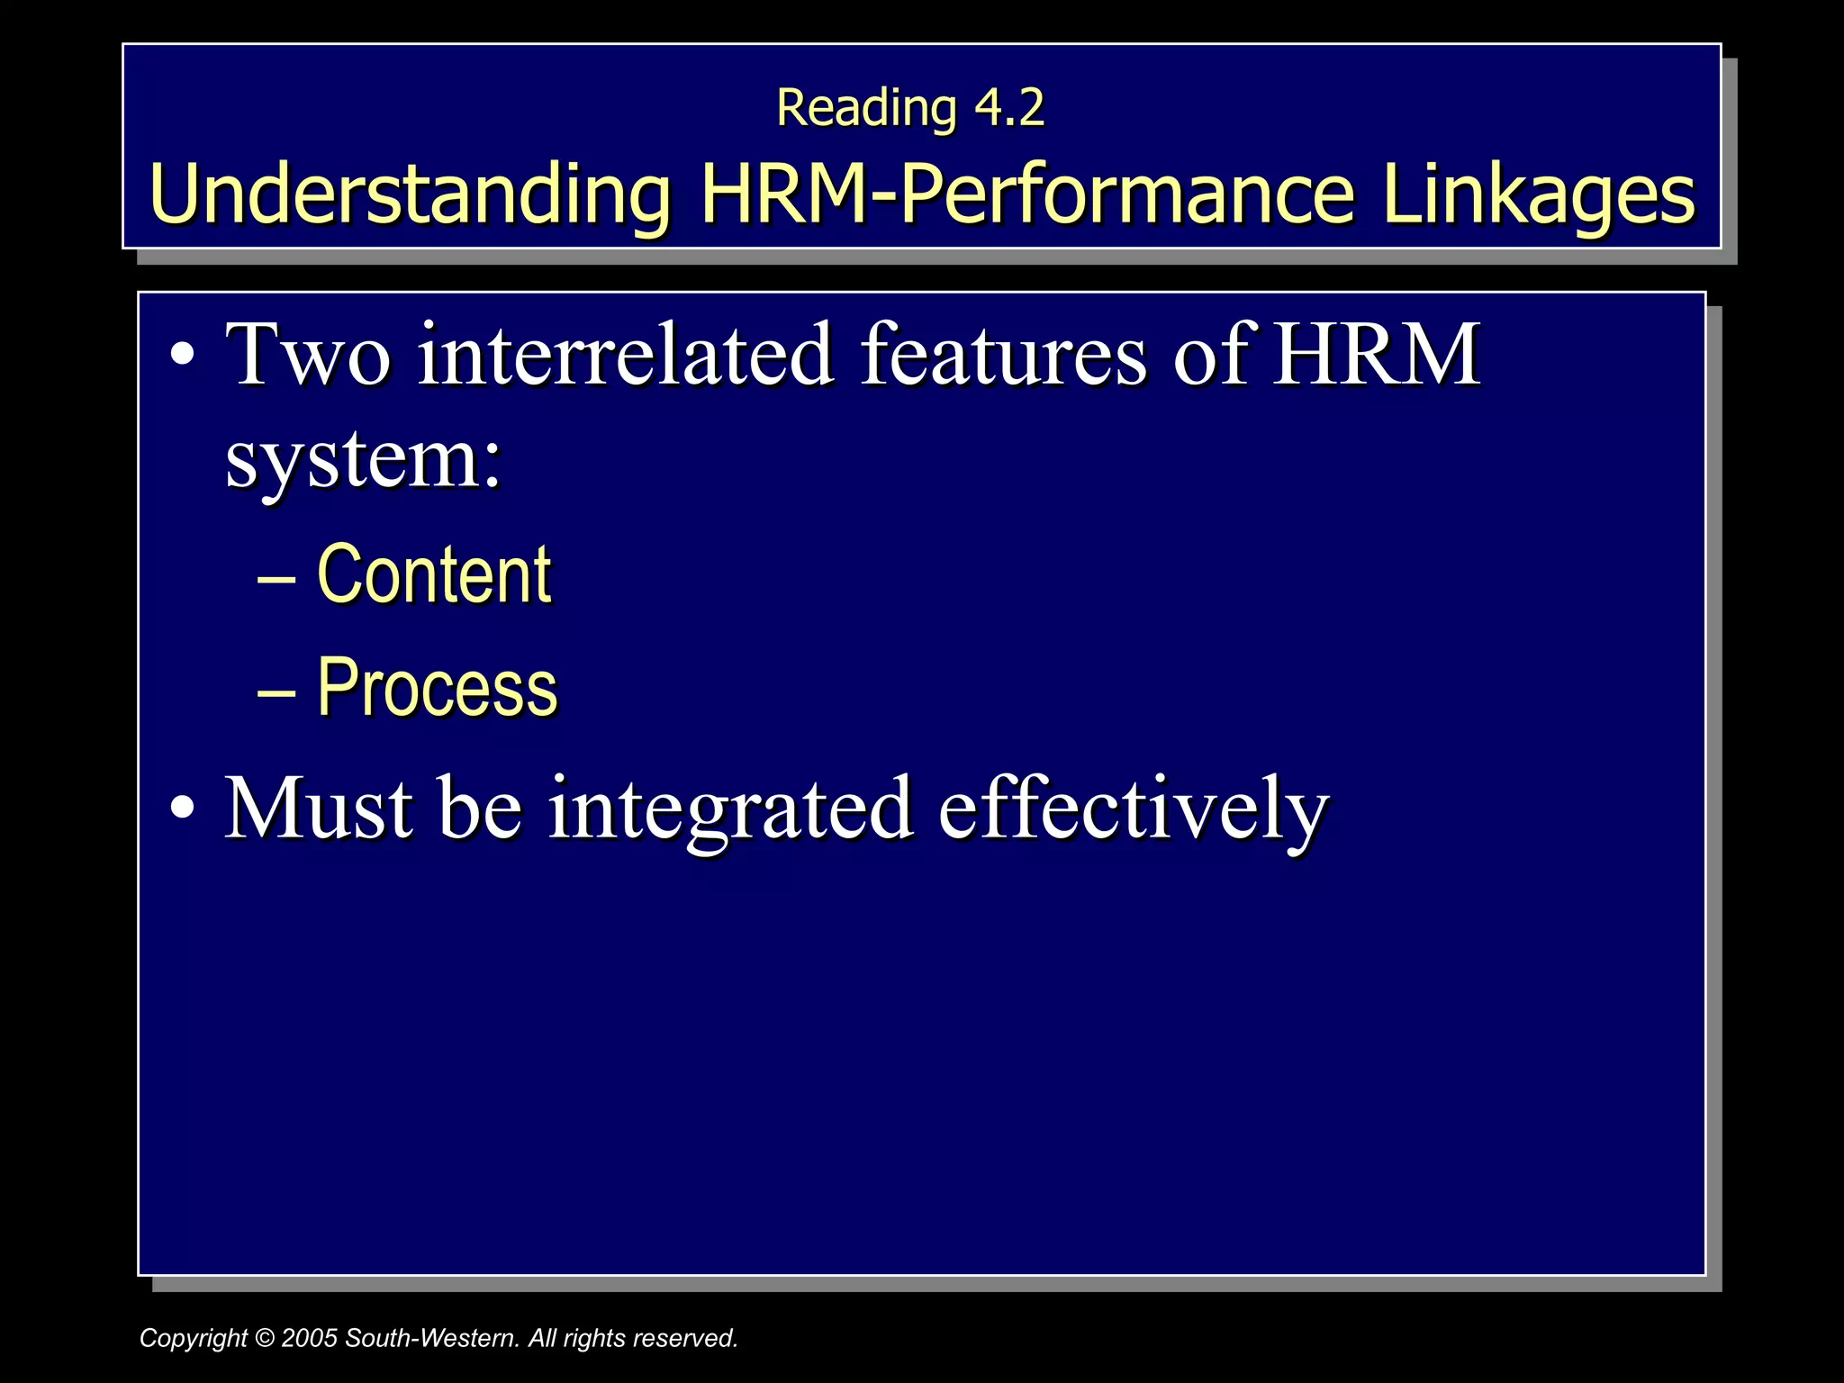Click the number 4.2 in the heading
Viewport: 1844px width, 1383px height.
coord(1009,108)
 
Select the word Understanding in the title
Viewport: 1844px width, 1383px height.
coord(411,194)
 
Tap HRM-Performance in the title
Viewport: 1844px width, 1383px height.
coord(1027,194)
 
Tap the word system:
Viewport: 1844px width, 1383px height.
coord(363,459)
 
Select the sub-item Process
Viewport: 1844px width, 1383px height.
coord(438,688)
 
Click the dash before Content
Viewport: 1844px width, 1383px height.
coord(276,578)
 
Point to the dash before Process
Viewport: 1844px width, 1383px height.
coord(276,691)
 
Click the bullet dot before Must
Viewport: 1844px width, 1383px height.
coord(182,808)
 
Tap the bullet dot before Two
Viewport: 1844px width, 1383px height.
coord(182,354)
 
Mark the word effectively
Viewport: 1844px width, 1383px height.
coord(1134,809)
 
